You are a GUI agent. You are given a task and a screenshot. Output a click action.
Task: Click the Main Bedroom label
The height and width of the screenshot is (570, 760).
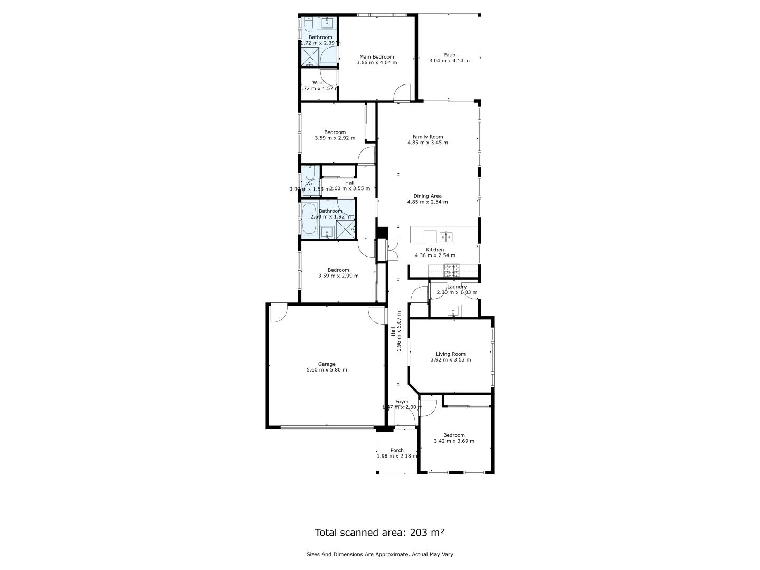(x=376, y=57)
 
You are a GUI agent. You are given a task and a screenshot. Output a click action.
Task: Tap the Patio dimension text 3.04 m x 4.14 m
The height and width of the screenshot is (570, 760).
(x=449, y=61)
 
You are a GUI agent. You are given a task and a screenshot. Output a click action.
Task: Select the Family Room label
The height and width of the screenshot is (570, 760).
(x=427, y=137)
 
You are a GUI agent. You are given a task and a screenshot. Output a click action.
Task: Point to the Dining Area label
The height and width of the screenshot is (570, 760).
(x=427, y=196)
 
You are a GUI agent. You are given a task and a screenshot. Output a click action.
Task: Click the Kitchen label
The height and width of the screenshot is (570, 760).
(x=435, y=250)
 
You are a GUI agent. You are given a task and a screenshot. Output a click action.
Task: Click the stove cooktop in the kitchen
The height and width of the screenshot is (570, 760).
(x=451, y=271)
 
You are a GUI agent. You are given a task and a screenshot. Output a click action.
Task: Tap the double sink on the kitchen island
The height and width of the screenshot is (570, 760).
(x=446, y=236)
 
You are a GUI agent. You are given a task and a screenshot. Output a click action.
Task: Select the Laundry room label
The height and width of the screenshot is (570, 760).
(x=457, y=287)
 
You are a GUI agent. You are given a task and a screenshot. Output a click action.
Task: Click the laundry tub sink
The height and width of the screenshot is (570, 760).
(x=453, y=311)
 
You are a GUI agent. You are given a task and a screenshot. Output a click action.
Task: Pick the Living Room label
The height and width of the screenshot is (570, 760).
(x=450, y=354)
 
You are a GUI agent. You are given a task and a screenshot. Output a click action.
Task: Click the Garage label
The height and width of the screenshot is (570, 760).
(x=327, y=364)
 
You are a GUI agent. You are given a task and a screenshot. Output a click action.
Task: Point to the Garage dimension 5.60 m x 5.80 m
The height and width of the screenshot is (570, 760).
(x=327, y=370)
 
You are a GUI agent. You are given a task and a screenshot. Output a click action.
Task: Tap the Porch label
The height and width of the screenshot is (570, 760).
(x=397, y=450)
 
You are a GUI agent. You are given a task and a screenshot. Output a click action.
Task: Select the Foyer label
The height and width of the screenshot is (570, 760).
(x=402, y=402)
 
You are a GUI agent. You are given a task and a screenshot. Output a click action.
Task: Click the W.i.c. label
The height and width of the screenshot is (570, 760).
(x=318, y=82)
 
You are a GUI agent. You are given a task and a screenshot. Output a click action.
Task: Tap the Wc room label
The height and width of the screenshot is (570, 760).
(x=310, y=183)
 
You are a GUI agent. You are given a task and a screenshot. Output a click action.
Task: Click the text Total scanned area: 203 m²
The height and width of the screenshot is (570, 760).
(x=379, y=533)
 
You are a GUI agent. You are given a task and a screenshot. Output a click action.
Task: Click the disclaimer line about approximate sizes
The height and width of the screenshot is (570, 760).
(x=379, y=554)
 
